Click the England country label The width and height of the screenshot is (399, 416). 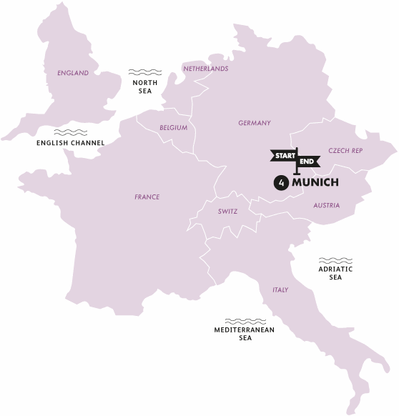click(x=73, y=73)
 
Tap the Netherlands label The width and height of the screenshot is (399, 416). click(x=206, y=69)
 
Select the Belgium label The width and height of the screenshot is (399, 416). click(x=174, y=128)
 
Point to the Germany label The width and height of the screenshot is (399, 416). click(x=255, y=123)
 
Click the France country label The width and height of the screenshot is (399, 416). click(x=147, y=197)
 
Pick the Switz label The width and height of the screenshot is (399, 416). click(x=228, y=212)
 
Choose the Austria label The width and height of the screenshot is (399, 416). click(x=326, y=206)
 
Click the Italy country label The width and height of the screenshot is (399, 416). click(x=280, y=290)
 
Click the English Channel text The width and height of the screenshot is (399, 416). click(x=70, y=143)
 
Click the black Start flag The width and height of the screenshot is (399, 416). click(x=283, y=155)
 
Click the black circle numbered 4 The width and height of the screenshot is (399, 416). click(x=281, y=183)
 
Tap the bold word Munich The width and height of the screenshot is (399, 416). click(x=315, y=183)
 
